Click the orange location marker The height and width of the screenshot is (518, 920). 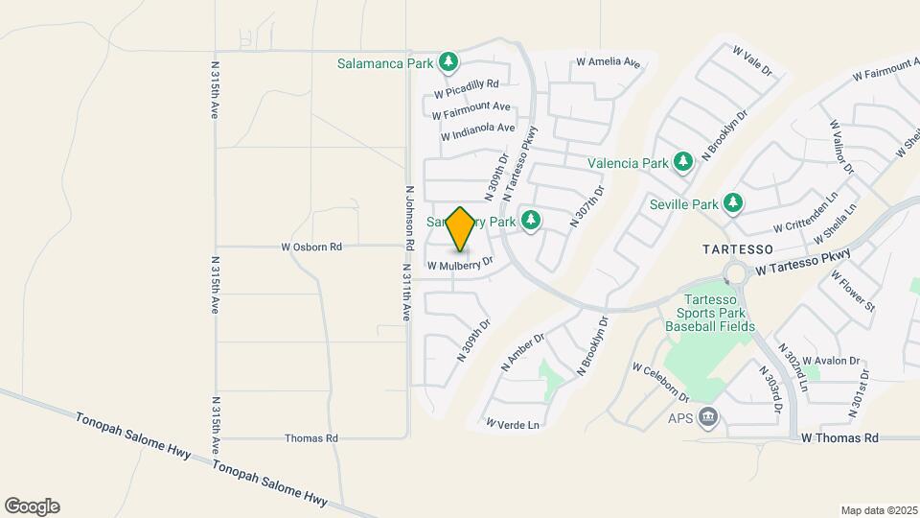coord(460,229)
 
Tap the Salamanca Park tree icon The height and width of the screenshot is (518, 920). coord(448,63)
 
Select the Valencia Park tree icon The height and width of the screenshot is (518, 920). coord(683,162)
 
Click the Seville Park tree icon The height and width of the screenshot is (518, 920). coord(733,203)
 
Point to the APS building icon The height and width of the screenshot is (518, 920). coord(708,416)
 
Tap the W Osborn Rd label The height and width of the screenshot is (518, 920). coord(311,247)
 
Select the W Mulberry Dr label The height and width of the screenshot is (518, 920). coord(460,263)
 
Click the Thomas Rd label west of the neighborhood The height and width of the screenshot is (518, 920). coord(311,438)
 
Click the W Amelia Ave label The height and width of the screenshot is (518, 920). coord(608,63)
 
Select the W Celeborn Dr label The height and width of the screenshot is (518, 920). coord(661,381)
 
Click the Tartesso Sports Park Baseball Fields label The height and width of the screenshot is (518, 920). coord(712,313)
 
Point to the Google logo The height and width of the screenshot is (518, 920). coord(32,506)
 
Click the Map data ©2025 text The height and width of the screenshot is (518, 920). coord(878,510)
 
